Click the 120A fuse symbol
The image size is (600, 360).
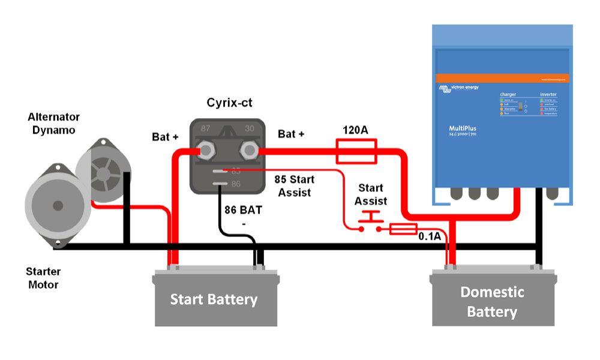point(356,151)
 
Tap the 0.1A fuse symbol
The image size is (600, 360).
point(403,229)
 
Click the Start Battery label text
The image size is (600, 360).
point(214,299)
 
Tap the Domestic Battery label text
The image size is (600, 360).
point(492,302)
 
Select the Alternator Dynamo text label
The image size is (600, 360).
point(53,123)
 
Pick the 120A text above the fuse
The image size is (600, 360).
point(356,130)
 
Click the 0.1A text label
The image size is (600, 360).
point(430,236)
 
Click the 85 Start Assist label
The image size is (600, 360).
point(294,185)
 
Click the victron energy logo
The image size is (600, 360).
point(460,89)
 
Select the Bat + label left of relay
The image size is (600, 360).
point(165,137)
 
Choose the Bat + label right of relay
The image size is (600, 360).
point(291,134)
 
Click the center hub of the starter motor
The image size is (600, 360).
point(58,206)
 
